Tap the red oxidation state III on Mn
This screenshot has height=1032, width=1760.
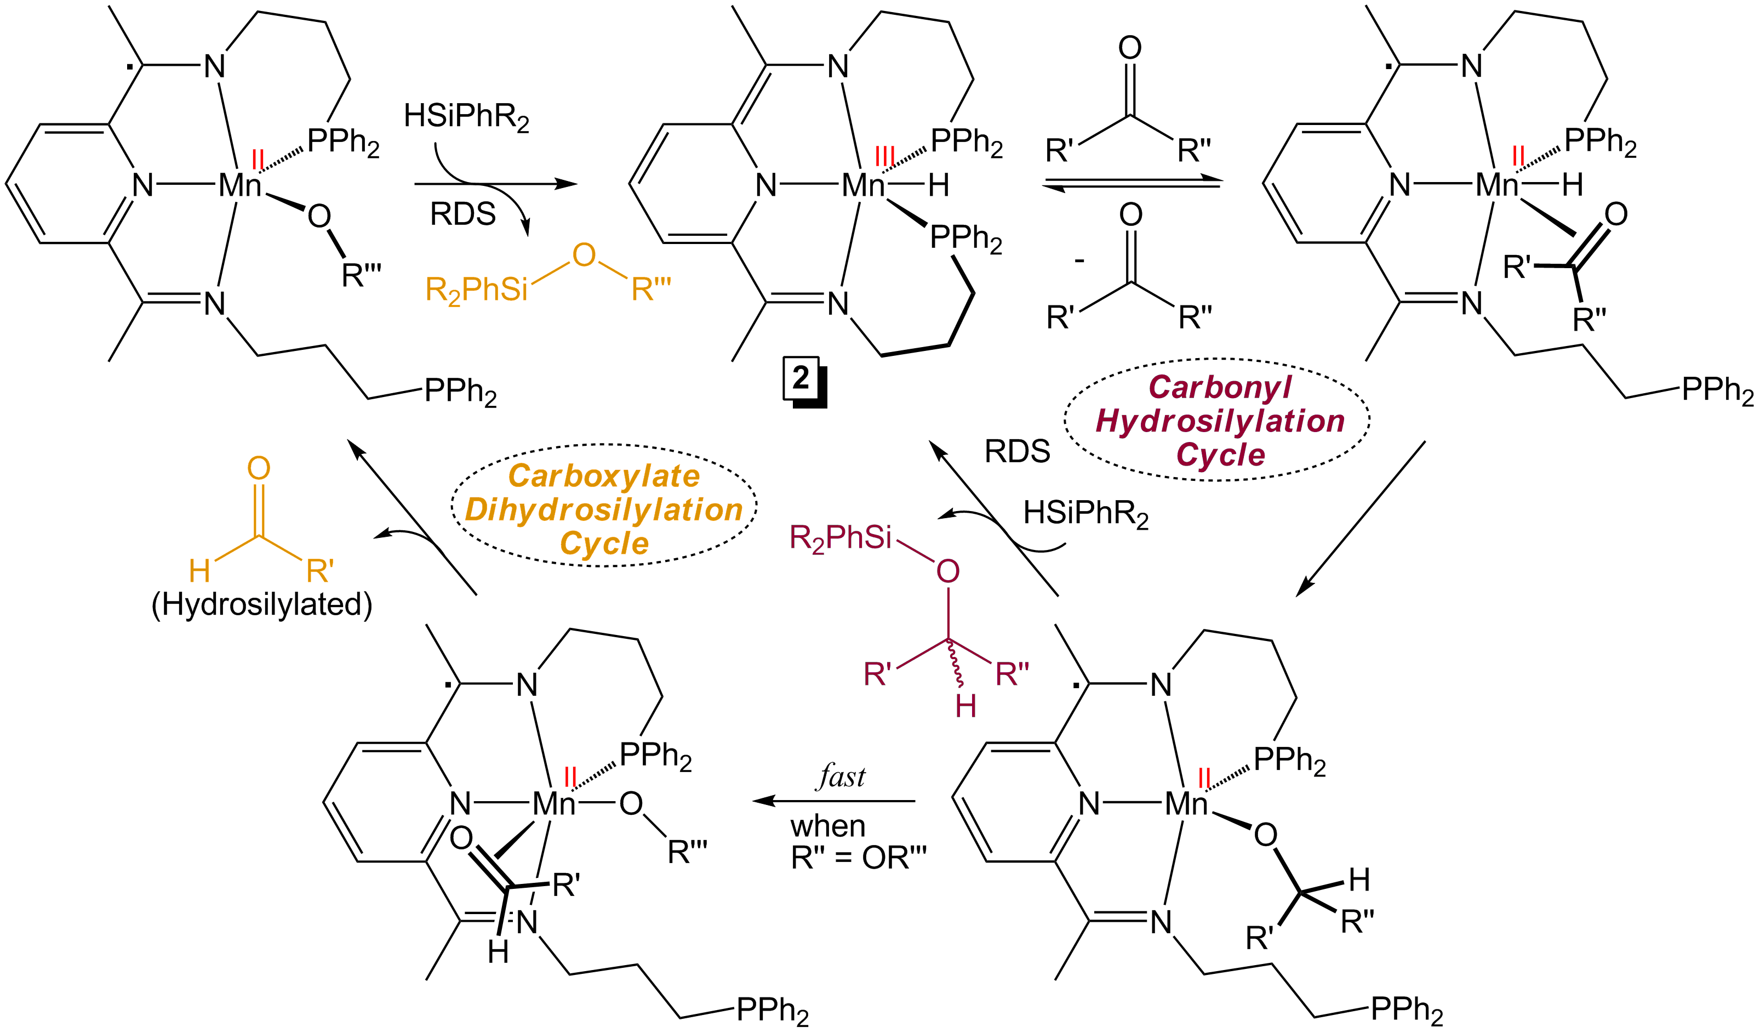[884, 156]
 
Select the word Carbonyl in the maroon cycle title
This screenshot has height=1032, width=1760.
[1219, 387]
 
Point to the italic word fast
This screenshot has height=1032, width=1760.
[841, 777]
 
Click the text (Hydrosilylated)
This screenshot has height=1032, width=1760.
[262, 605]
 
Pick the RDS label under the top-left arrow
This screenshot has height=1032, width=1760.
[462, 214]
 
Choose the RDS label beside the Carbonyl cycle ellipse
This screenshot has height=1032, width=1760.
[1017, 451]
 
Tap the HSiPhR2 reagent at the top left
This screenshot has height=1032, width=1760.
[466, 117]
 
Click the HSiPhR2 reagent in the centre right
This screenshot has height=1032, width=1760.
[1085, 514]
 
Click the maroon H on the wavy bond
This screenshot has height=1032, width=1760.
[965, 706]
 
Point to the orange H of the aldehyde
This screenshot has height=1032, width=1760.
[200, 571]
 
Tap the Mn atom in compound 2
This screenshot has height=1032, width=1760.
[862, 186]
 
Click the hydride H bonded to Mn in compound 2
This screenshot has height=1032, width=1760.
[938, 186]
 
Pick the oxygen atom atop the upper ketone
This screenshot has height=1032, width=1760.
[1129, 48]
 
